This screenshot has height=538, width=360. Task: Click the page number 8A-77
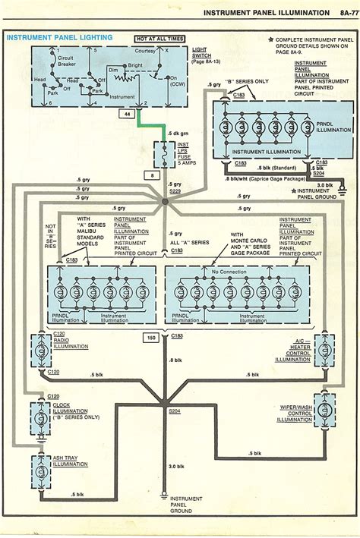(x=339, y=13)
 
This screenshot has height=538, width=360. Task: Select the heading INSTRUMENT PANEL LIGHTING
(x=60, y=36)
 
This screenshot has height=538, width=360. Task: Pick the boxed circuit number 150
(x=150, y=335)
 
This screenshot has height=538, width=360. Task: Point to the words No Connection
(x=230, y=271)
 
